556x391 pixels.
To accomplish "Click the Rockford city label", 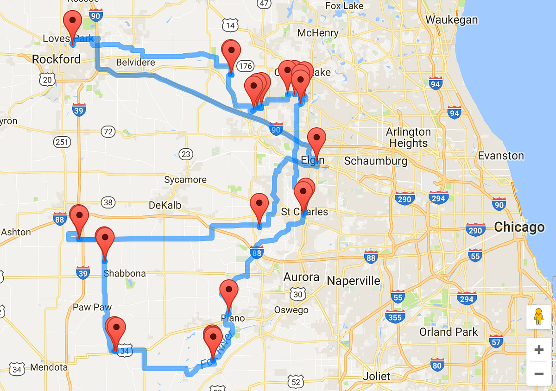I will (x=56, y=59).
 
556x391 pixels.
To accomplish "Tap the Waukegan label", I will (x=451, y=19).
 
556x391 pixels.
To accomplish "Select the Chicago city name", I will (x=519, y=227).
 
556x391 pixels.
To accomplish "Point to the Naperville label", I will (x=354, y=281).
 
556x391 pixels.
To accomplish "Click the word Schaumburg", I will (x=375, y=161).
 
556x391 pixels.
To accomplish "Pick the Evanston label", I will (x=501, y=156).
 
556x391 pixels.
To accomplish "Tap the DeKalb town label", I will (x=165, y=205).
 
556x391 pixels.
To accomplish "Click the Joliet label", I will (x=377, y=376).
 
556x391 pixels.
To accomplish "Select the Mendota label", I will (x=49, y=367).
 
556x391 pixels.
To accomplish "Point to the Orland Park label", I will (x=449, y=332).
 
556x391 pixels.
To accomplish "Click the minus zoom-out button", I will (x=538, y=373).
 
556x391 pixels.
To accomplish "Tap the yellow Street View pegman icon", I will (x=538, y=317).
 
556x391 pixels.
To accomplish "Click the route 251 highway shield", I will (x=62, y=142).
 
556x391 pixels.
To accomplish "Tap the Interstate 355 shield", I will (x=395, y=317).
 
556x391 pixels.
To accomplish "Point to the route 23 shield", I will (x=186, y=154).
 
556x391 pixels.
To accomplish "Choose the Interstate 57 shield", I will (x=496, y=342).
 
